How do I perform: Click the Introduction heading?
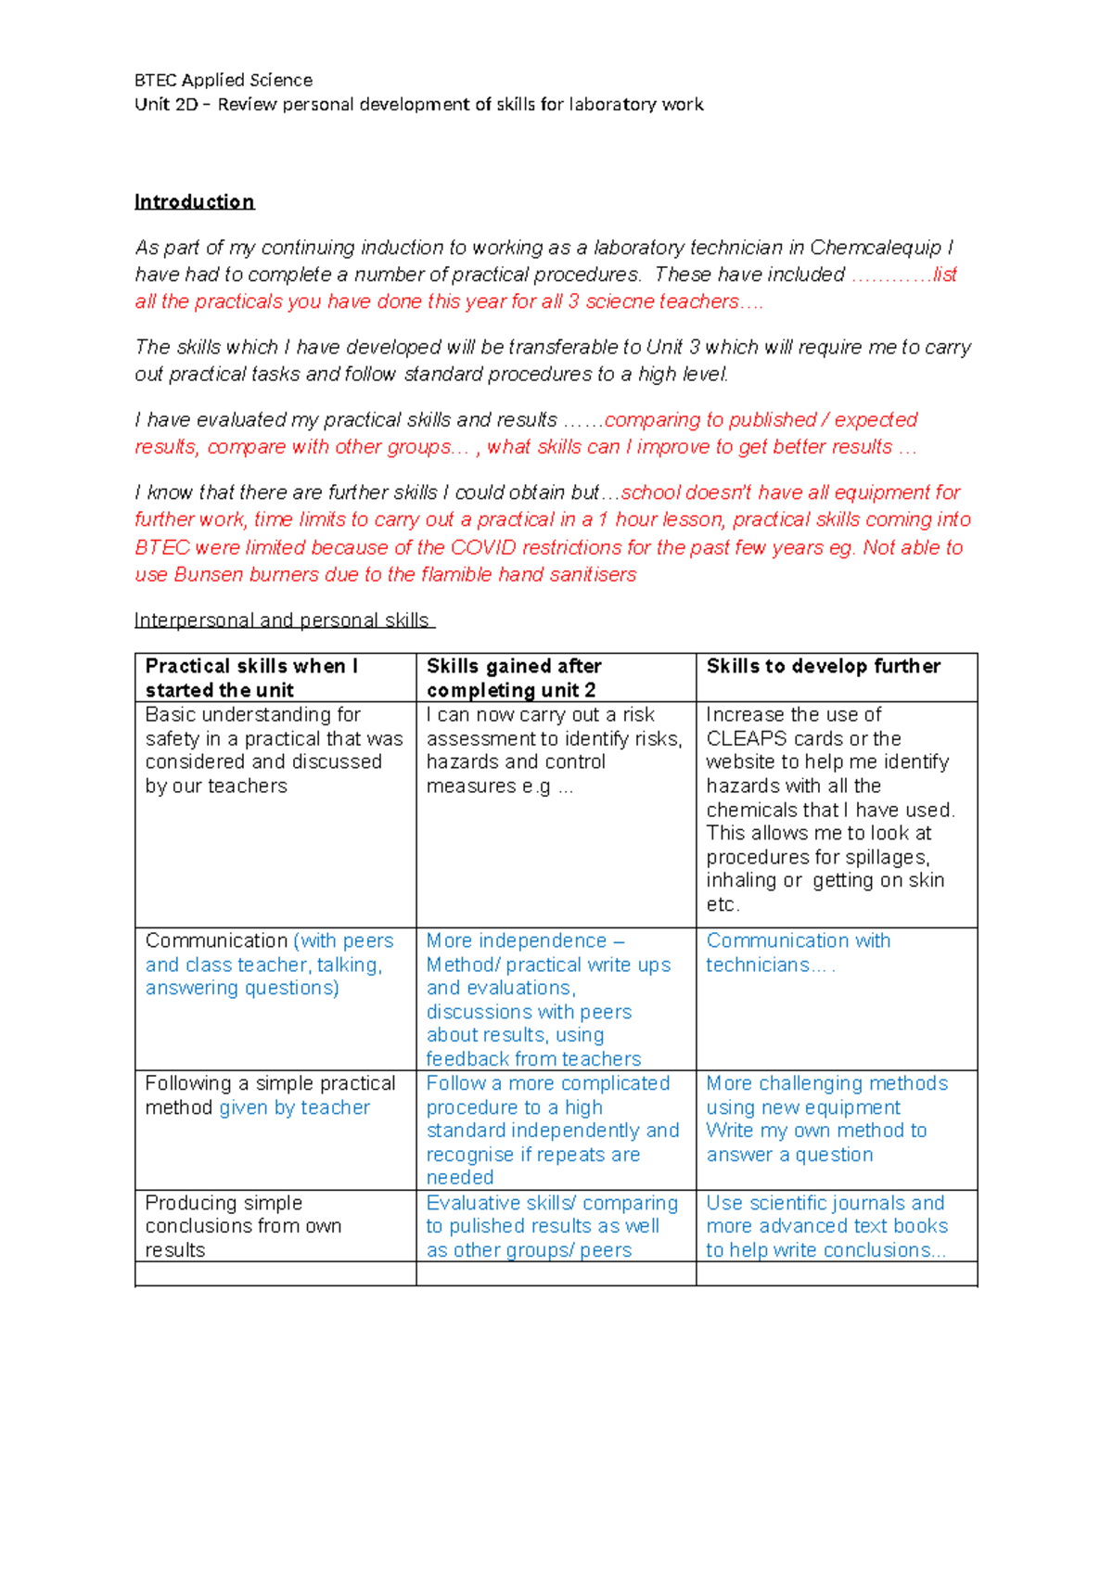click(x=194, y=202)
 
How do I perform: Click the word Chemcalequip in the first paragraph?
click(x=875, y=248)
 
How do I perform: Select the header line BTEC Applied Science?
click(x=224, y=80)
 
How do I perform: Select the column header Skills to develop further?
click(x=823, y=667)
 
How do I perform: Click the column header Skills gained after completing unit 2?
click(x=514, y=678)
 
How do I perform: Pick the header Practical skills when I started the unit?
click(x=251, y=678)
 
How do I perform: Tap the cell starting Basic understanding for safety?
click(x=274, y=750)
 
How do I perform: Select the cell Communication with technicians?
click(x=798, y=953)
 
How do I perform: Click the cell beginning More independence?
click(x=547, y=999)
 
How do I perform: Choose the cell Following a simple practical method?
click(x=270, y=1095)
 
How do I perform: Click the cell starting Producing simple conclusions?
click(x=243, y=1226)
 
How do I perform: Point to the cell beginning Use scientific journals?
click(x=826, y=1226)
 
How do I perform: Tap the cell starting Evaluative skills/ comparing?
click(x=552, y=1226)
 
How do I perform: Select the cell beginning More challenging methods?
click(x=826, y=1119)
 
